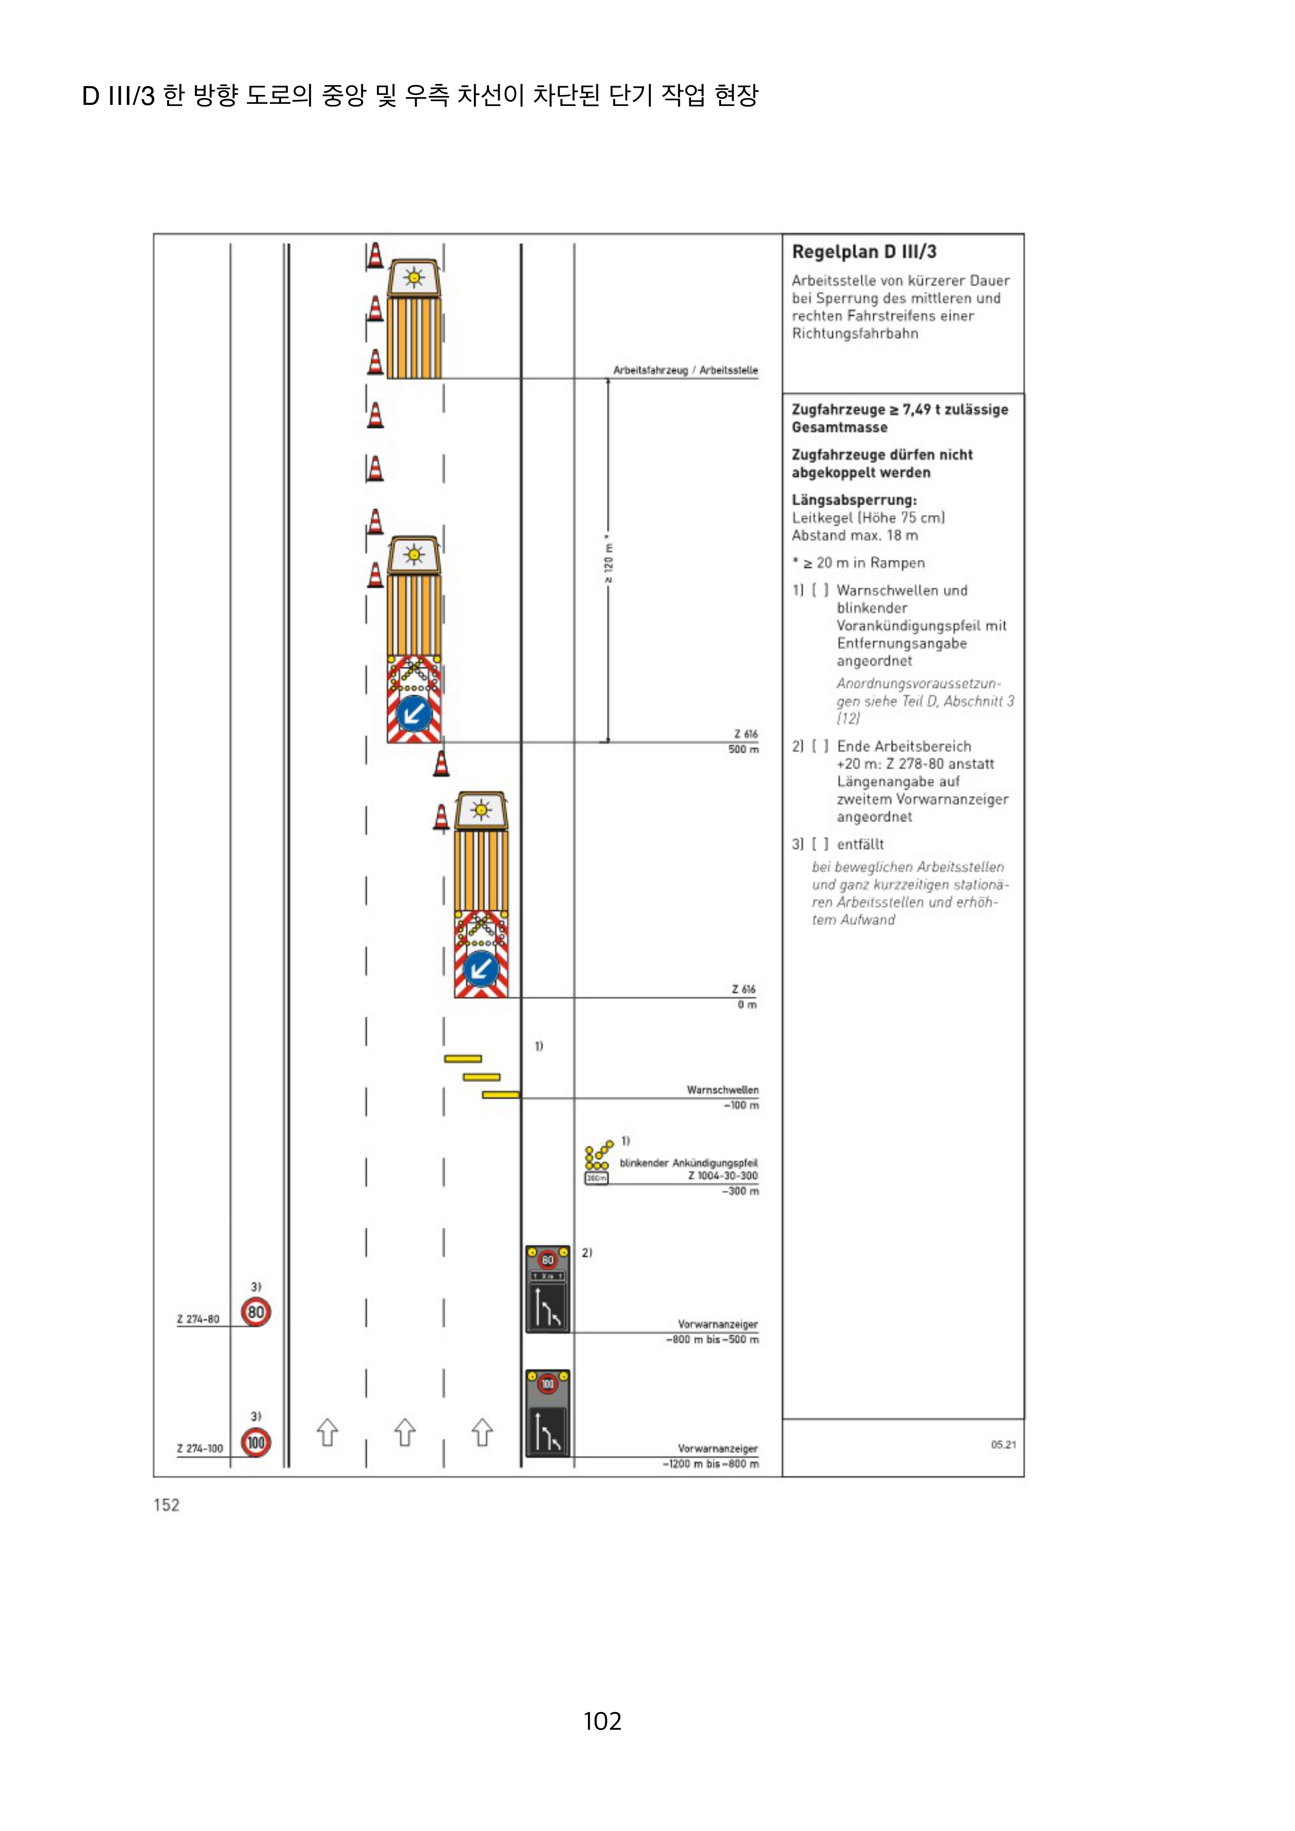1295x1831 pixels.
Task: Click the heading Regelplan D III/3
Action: [x=863, y=252]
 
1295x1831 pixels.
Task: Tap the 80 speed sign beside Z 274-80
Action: [x=255, y=1312]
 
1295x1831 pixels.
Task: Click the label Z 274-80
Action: [x=198, y=1320]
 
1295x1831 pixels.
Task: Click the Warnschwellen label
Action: [x=722, y=1090]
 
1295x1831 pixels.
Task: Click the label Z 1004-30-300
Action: [x=722, y=1176]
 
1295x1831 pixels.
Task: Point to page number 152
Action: [x=166, y=1505]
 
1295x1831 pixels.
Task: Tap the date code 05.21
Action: [x=1003, y=1444]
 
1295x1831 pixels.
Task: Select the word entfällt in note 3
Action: [x=860, y=844]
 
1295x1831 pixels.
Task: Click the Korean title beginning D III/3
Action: [x=420, y=95]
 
